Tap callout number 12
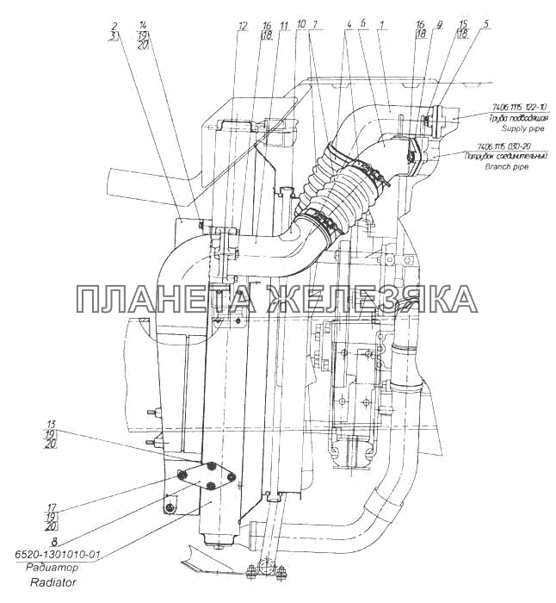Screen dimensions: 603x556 click(x=244, y=27)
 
